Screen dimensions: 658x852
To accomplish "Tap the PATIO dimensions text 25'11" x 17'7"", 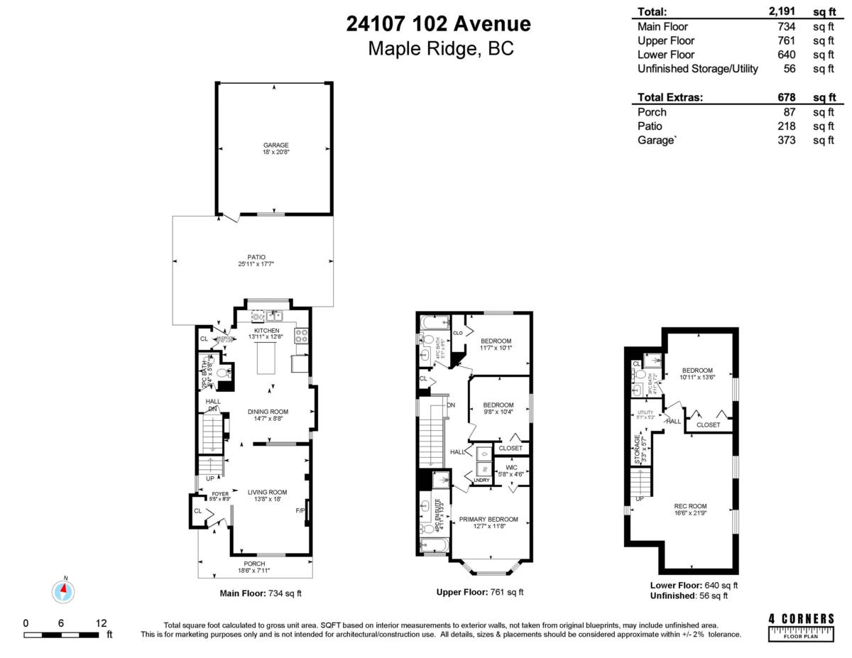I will coord(256,265).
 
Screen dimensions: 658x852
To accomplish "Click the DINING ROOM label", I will coord(268,412).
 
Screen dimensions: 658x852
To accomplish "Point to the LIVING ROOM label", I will coord(267,492).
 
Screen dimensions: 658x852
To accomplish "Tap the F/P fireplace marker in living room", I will coord(300,510).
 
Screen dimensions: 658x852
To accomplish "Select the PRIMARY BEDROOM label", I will coord(488,519).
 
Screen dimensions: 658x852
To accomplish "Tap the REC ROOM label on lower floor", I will coord(690,506).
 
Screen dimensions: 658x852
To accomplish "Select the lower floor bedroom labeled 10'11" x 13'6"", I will coord(697,371).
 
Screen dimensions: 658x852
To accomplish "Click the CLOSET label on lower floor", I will coord(708,424).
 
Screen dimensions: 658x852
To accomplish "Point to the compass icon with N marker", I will coord(64,591).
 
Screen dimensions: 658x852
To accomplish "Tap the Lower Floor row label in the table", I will coord(666,55).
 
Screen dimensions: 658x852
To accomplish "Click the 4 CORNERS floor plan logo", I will coord(802,626).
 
